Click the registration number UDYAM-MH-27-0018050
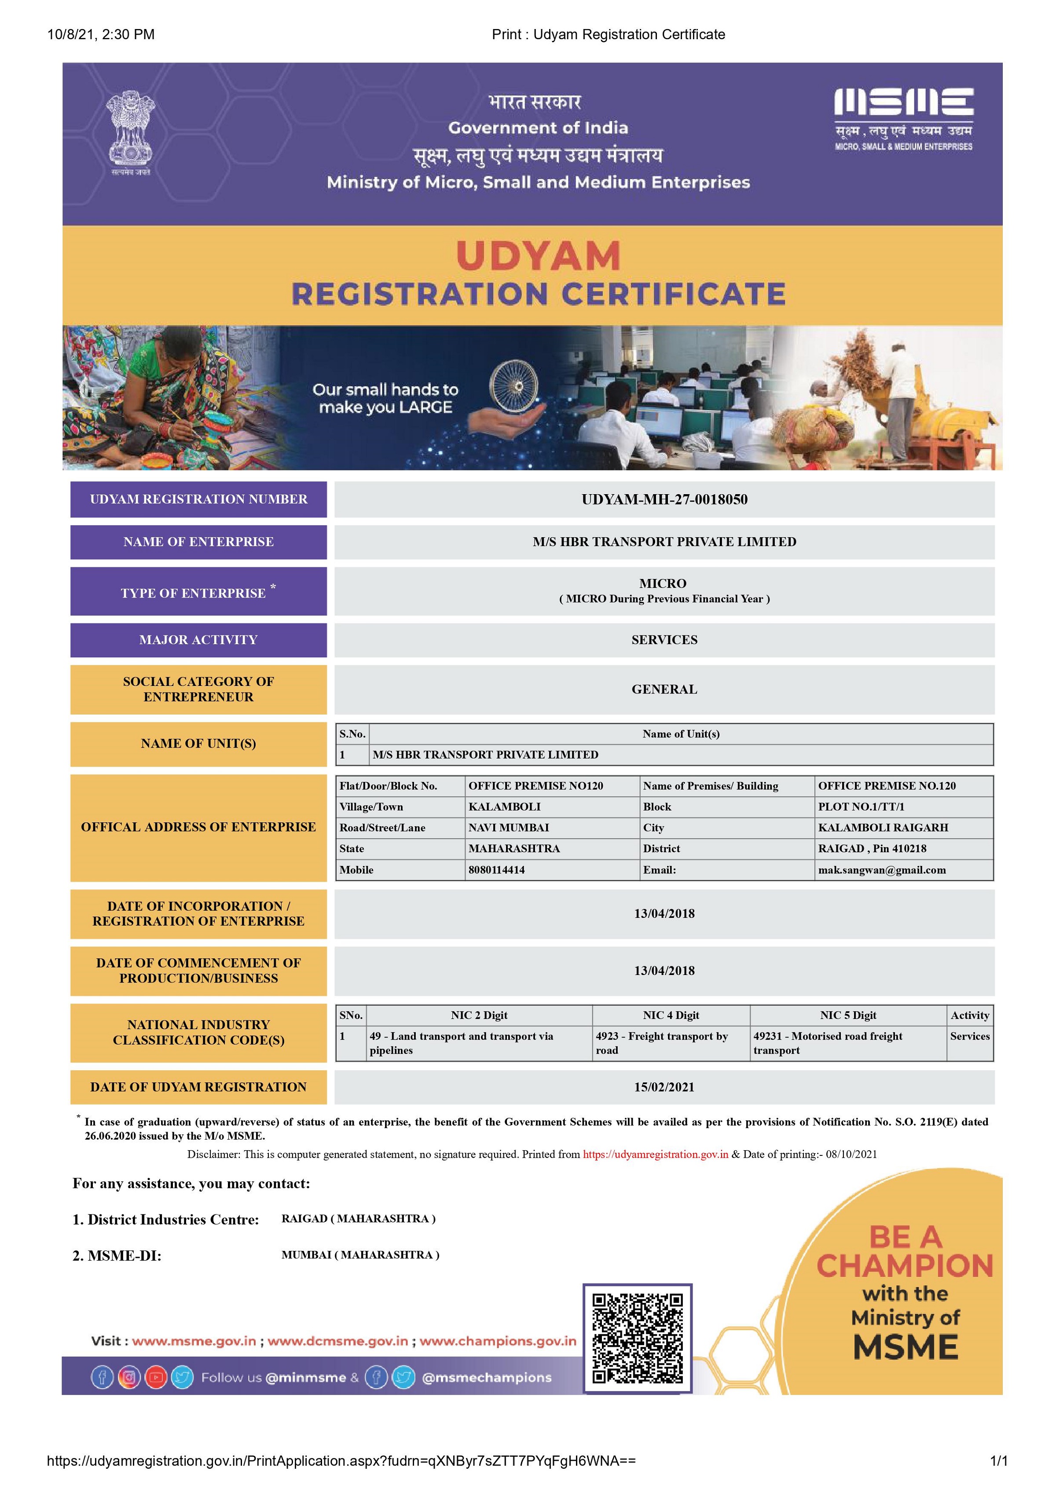click(664, 500)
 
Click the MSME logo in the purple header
click(904, 119)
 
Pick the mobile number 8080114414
click(496, 870)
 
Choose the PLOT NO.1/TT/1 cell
click(861, 807)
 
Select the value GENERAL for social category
click(664, 689)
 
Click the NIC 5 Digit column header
click(847, 1015)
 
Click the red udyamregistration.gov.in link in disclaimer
click(655, 1154)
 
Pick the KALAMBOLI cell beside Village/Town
click(504, 807)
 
